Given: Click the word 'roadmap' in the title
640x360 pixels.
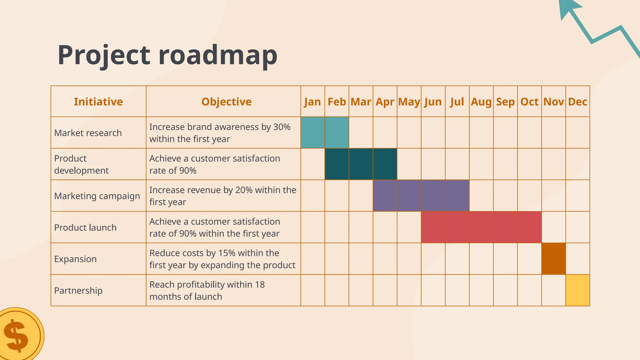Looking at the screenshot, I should [x=218, y=55].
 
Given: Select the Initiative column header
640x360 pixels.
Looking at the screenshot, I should [x=98, y=102].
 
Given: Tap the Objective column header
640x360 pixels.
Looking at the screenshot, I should [x=226, y=102].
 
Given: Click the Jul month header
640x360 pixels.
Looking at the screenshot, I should [x=457, y=102].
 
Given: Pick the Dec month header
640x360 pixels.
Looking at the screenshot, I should [x=577, y=102].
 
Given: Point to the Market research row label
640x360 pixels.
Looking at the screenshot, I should [x=88, y=133].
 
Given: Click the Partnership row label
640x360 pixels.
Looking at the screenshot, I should [x=78, y=290].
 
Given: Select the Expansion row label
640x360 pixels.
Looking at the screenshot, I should [x=75, y=259].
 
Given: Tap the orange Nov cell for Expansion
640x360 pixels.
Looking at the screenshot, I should [x=553, y=259].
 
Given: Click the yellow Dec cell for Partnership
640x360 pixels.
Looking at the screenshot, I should [x=577, y=290].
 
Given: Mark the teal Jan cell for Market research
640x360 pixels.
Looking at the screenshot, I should [x=312, y=132].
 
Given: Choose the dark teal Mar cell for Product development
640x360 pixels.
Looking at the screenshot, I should [x=361, y=164].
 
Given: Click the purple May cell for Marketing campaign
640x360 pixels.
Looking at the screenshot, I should [x=409, y=196].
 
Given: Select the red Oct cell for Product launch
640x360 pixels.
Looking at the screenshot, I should [x=529, y=227].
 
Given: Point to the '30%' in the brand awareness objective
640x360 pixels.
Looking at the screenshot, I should [x=282, y=127].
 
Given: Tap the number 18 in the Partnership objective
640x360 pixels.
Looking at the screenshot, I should [x=260, y=284].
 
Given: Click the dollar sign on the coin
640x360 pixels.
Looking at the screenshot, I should [x=17, y=336].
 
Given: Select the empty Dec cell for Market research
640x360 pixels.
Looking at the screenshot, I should [x=577, y=132].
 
